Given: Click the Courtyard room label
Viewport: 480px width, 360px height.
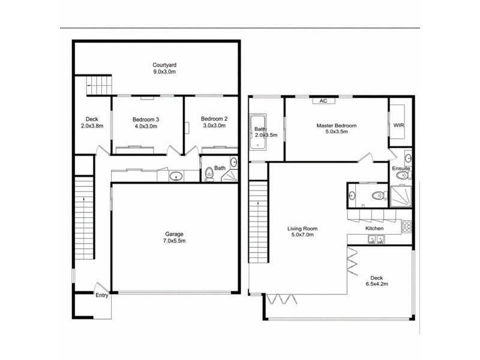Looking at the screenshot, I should pyautogui.click(x=164, y=65).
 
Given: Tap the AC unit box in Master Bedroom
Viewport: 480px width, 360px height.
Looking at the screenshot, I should pyautogui.click(x=323, y=101).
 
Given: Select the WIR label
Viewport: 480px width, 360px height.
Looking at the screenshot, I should pyautogui.click(x=399, y=125).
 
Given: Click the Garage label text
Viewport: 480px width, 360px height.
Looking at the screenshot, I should pyautogui.click(x=174, y=234).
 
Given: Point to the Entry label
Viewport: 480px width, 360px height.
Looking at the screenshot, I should pyautogui.click(x=101, y=295).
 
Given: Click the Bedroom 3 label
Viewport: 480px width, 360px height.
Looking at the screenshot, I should pyautogui.click(x=145, y=119).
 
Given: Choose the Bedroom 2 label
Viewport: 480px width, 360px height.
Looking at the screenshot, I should pyautogui.click(x=213, y=119).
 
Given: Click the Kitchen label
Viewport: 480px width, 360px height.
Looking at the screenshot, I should pyautogui.click(x=375, y=229).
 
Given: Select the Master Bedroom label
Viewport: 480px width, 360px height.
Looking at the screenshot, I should pyautogui.click(x=337, y=125).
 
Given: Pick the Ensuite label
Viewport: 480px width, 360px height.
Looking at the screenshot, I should pyautogui.click(x=401, y=169).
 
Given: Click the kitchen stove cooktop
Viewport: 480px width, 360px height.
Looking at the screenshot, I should pyautogui.click(x=406, y=226).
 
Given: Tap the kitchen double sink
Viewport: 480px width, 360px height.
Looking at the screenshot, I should pyautogui.click(x=377, y=239).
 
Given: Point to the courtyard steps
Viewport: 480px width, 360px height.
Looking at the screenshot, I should pyautogui.click(x=99, y=85).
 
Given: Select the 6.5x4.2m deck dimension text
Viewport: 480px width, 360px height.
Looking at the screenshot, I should pyautogui.click(x=376, y=285).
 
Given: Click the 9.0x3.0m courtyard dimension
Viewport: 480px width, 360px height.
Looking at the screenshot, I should pyautogui.click(x=164, y=72).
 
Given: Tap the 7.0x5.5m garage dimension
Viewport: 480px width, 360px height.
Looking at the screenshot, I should pyautogui.click(x=174, y=241).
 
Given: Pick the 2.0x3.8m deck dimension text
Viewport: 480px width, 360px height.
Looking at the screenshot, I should pyautogui.click(x=92, y=126).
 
